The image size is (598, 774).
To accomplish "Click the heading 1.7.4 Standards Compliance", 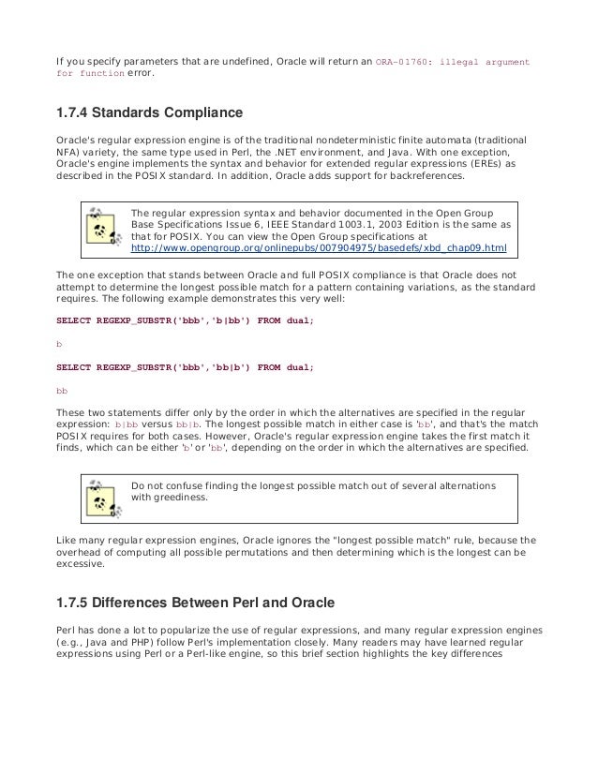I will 150,114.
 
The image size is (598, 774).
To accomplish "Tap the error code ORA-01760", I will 409,61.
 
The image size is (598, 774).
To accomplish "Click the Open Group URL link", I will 319,248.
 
